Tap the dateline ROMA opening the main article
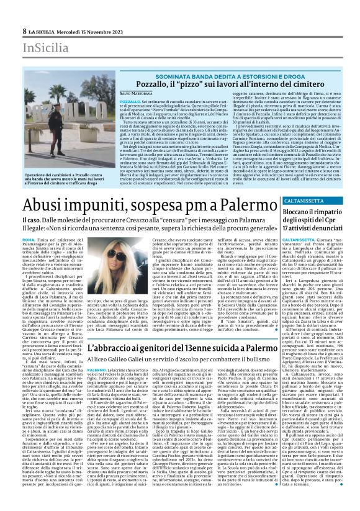[x=29, y=240]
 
